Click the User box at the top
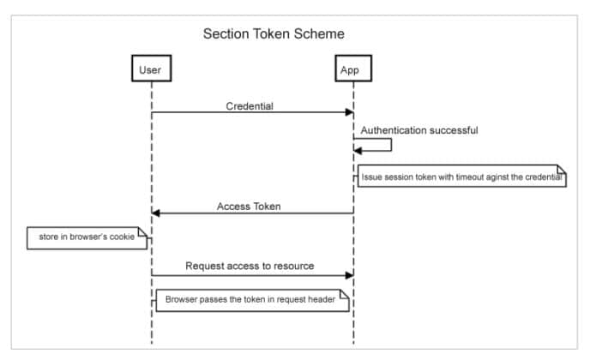149,69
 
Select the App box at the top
350,69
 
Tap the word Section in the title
226,34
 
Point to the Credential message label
250,106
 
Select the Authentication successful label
418,130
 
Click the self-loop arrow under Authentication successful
390,144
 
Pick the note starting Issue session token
461,177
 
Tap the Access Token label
249,207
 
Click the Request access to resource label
250,266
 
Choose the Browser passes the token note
250,300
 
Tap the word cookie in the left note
120,236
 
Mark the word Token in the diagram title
274,34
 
